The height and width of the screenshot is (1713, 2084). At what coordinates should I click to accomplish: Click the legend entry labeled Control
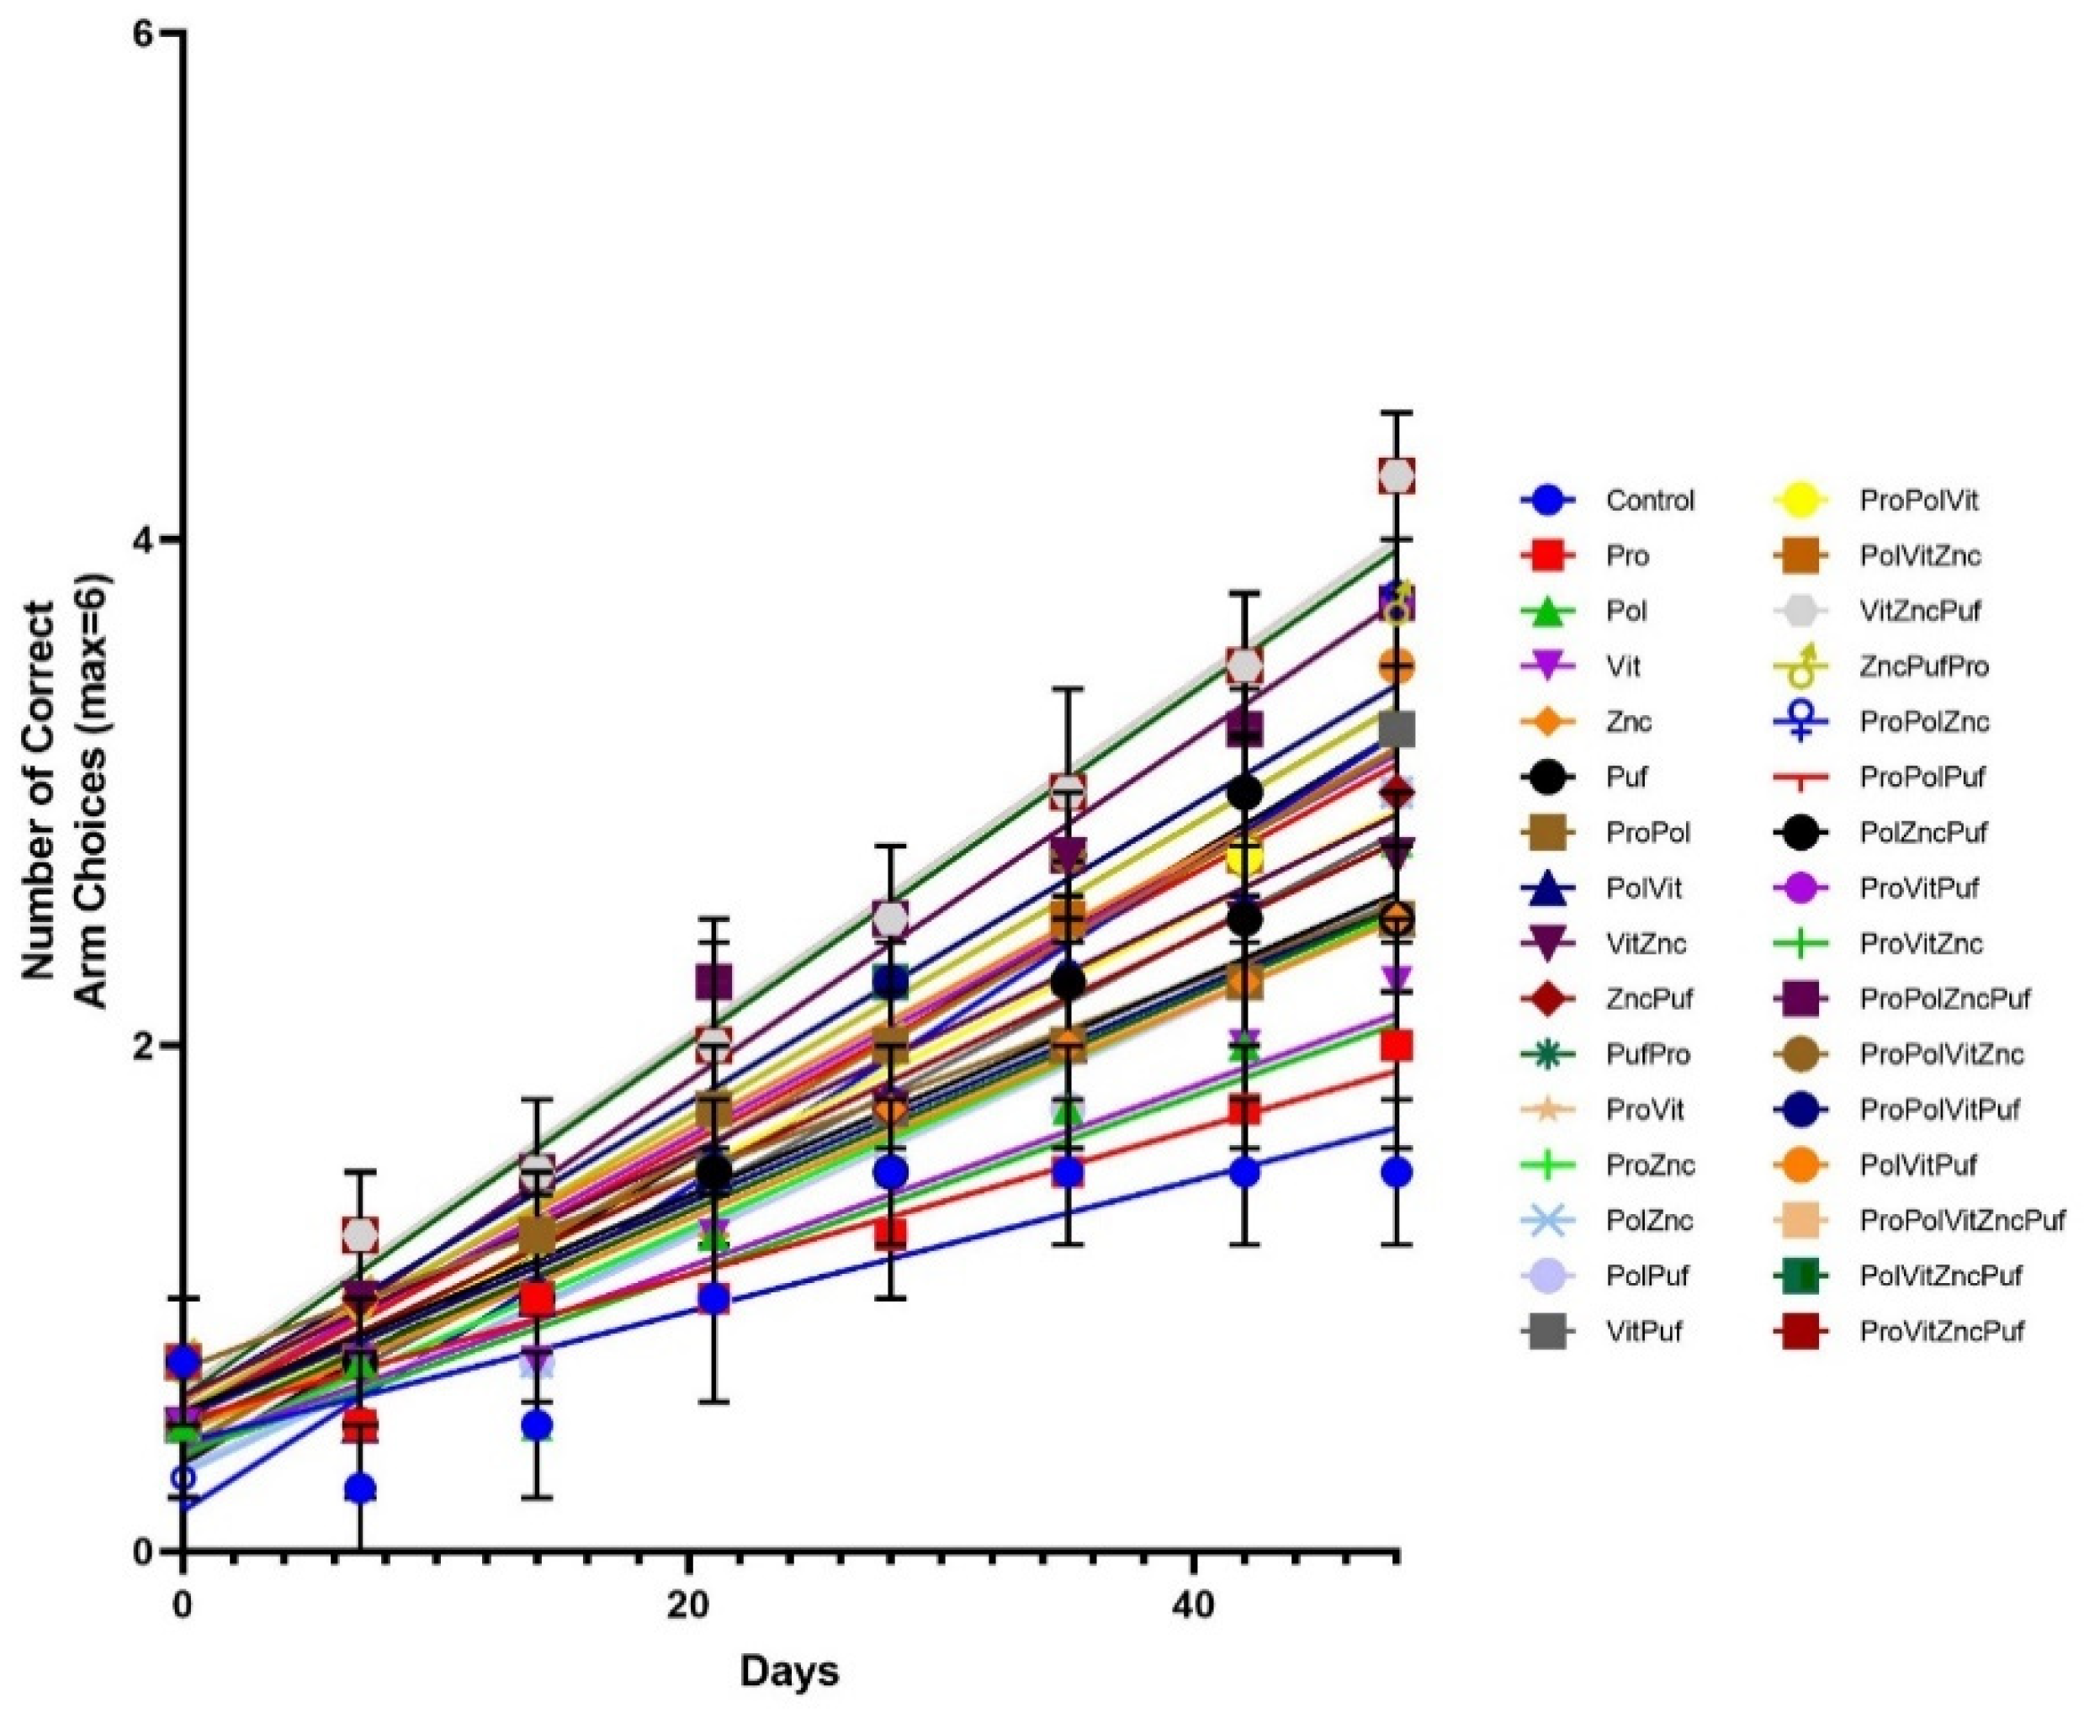point(1649,501)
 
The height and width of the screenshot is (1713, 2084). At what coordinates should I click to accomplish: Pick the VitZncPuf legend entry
point(1919,611)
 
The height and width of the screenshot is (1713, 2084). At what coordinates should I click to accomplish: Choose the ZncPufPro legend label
point(1923,666)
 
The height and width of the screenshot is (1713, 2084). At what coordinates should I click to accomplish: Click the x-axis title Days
point(789,1672)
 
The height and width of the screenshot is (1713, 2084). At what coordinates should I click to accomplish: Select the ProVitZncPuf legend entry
point(1941,1332)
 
